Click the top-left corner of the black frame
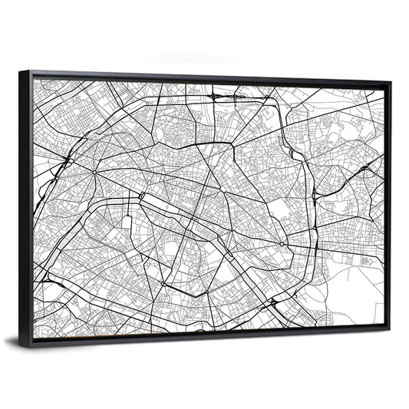21,72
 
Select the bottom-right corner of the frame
388,331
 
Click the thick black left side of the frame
26,207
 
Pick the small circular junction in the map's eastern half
283,245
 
